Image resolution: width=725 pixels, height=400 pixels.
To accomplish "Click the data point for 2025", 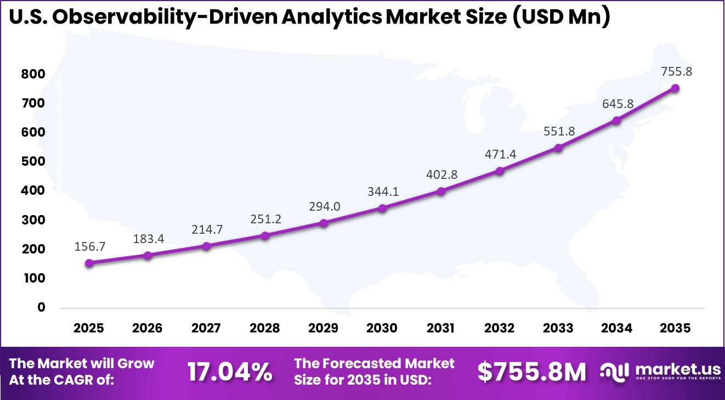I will [89, 263].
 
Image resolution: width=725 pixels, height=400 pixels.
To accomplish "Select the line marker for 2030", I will [382, 209].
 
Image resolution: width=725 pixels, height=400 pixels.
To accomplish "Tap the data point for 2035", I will [676, 88].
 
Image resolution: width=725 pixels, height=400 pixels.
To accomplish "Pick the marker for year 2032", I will [500, 171].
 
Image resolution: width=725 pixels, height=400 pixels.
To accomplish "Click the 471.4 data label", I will [500, 154].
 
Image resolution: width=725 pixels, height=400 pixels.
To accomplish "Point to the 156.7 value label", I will [89, 246].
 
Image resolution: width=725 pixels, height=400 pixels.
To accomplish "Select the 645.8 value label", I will [618, 103].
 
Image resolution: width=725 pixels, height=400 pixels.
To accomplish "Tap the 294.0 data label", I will [324, 206].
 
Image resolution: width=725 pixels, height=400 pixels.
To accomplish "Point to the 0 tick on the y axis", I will [41, 307].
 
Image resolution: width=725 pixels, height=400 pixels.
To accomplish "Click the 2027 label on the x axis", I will [206, 328].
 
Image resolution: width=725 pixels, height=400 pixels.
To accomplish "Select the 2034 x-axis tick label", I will [617, 328].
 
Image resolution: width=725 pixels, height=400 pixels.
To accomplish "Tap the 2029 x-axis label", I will [324, 328].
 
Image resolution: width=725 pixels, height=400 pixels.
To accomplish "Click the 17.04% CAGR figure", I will [230, 372].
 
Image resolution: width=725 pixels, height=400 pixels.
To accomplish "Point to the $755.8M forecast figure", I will [531, 372].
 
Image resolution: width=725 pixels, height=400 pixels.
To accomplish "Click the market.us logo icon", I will [614, 372].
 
